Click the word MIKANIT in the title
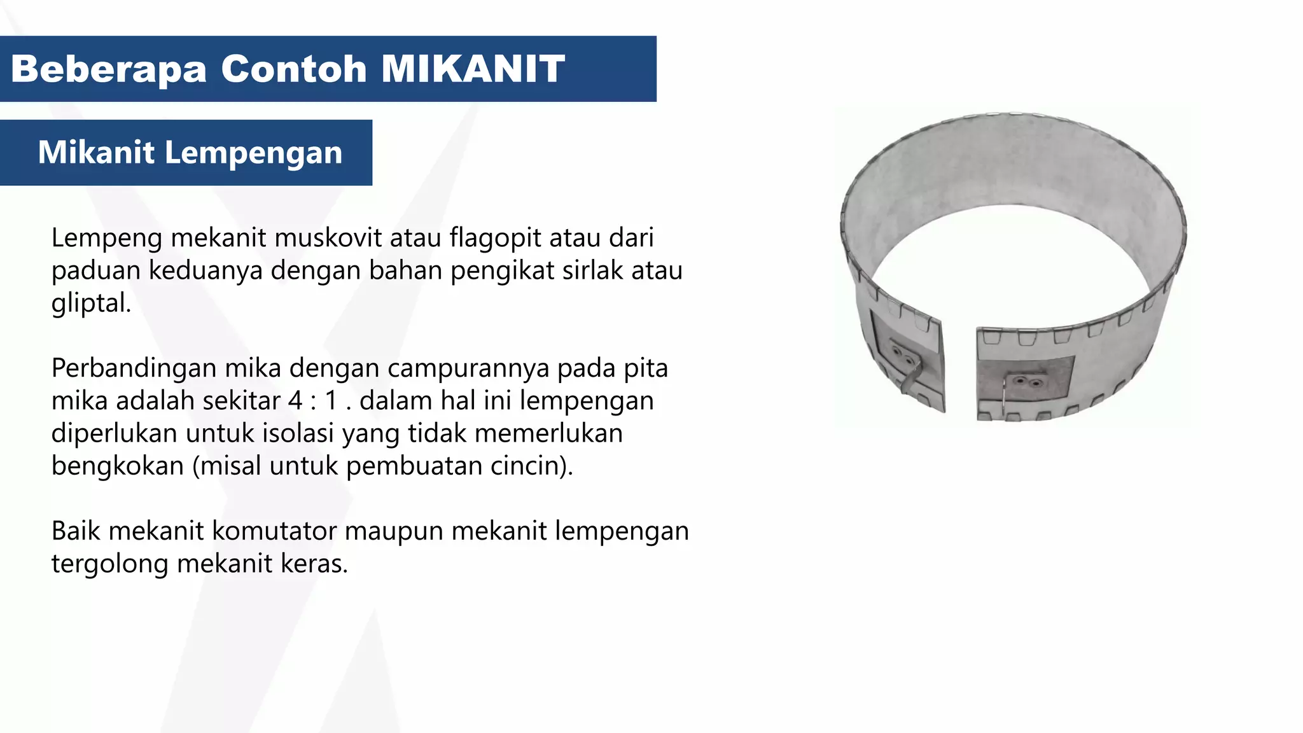473,69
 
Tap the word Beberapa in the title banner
109,69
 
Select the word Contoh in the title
294,69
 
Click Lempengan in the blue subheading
253,153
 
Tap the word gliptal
90,304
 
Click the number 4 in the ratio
295,401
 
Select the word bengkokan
118,466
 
